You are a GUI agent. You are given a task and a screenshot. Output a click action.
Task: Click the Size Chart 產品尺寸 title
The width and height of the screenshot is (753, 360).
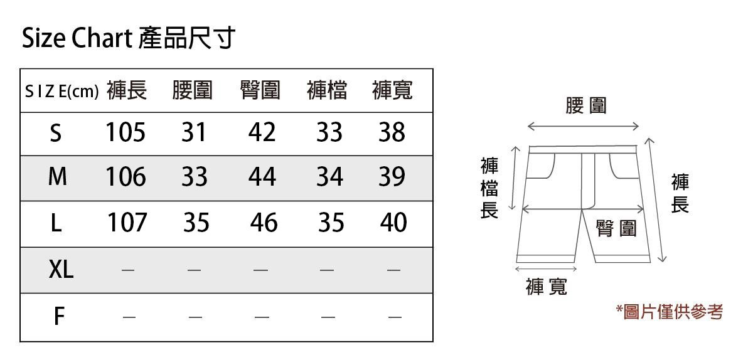coord(128,39)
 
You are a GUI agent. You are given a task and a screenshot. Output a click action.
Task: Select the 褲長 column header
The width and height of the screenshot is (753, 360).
coord(127,91)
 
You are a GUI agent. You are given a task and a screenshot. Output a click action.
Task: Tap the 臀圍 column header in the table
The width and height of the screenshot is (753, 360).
coord(260,91)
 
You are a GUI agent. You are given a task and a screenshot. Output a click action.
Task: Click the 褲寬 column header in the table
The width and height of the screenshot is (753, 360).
coord(392,91)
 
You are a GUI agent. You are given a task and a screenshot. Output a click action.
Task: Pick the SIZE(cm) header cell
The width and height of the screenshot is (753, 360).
coord(61,92)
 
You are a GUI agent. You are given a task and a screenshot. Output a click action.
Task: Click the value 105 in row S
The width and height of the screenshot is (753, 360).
coord(125,132)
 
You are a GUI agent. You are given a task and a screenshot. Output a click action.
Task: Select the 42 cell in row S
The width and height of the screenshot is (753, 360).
coord(262,132)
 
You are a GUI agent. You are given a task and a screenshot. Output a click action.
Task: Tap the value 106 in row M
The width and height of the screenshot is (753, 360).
coord(125,177)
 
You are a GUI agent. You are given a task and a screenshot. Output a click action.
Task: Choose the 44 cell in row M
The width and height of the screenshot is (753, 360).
coord(262,177)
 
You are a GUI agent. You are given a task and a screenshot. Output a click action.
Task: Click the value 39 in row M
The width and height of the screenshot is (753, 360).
coord(392,177)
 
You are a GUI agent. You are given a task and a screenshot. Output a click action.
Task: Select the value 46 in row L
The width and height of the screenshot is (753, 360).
coord(264,223)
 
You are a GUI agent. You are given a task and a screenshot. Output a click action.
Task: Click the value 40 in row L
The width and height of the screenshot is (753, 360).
coord(393,223)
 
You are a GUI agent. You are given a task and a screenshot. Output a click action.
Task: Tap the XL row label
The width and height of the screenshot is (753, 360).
coord(61,270)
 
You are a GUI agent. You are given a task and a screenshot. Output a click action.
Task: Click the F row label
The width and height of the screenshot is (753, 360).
coord(58,316)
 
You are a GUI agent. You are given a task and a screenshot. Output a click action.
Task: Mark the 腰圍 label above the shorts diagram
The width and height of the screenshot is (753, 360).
coord(586,105)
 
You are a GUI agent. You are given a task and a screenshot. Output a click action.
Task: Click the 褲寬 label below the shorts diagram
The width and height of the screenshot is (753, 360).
coord(547,287)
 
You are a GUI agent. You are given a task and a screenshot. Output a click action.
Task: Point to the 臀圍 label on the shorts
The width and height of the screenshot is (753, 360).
coord(616,228)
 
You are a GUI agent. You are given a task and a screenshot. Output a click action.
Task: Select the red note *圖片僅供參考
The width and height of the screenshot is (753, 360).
coord(670,311)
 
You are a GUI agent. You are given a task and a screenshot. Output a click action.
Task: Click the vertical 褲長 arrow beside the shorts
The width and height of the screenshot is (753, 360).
coord(658,201)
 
